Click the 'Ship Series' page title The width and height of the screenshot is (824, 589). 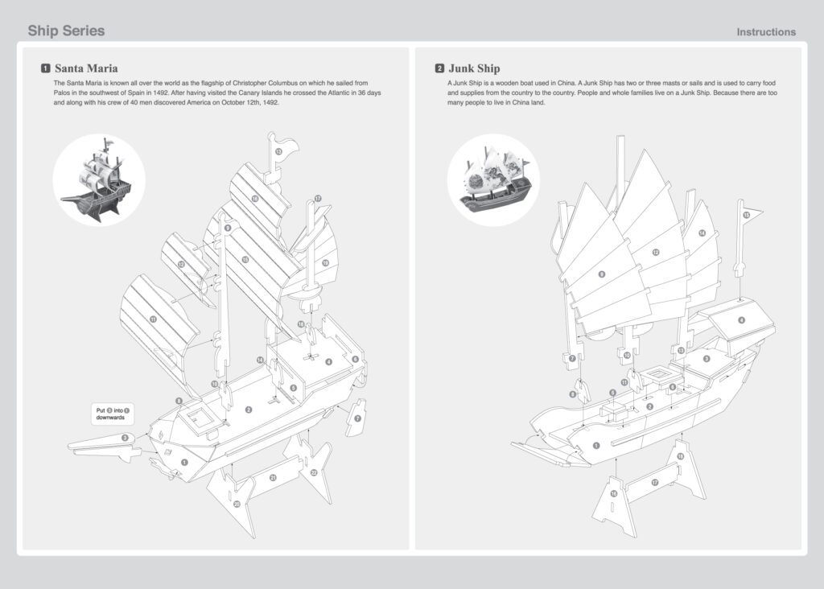pos(66,31)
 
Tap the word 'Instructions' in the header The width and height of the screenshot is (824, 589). pos(766,32)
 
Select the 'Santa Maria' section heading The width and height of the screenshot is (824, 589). pos(85,68)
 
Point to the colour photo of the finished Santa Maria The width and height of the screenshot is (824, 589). pos(98,179)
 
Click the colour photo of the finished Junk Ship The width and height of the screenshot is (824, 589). pos(493,179)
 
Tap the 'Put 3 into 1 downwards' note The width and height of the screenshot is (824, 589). pos(109,414)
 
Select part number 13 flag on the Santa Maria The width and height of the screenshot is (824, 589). pos(278,151)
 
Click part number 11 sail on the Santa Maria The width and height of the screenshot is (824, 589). pos(154,319)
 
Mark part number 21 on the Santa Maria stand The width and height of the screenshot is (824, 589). pos(273,478)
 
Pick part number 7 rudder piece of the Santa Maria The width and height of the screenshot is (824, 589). pos(358,419)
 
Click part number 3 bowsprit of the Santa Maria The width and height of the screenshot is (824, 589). pos(125,438)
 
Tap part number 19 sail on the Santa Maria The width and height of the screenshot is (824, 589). pos(325,263)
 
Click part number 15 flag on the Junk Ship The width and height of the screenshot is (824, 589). pos(746,215)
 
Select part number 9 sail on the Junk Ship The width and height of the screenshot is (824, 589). pos(601,274)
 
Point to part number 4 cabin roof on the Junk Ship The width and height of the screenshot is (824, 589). pos(741,319)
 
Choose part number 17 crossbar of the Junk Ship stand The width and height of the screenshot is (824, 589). pos(655,483)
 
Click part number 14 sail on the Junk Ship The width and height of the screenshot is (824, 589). pos(702,233)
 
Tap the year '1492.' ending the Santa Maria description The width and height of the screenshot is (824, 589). pos(268,104)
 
